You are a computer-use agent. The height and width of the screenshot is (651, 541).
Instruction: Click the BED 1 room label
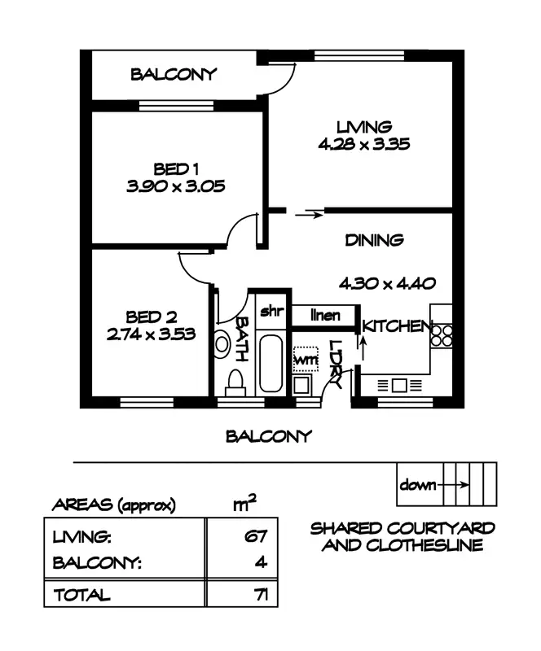(176, 169)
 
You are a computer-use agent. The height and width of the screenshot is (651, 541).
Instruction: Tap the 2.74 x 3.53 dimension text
(151, 334)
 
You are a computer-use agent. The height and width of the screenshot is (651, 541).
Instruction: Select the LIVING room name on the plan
(364, 127)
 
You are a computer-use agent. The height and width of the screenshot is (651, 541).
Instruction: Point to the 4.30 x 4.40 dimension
(388, 283)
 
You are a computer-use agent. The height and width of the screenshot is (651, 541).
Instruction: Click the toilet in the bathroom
(235, 382)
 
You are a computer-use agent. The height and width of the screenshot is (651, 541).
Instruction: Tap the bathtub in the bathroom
(270, 364)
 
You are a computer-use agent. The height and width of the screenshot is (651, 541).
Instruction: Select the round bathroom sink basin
(222, 344)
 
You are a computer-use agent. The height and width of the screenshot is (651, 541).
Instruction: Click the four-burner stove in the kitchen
(442, 335)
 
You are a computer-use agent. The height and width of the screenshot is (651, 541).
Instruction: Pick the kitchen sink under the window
(399, 385)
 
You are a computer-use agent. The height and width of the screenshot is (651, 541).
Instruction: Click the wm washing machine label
(306, 359)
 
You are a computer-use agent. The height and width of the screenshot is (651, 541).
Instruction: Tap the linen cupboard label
(325, 316)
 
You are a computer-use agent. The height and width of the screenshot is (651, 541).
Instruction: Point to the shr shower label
(272, 311)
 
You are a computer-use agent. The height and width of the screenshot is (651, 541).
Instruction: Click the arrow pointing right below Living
(309, 215)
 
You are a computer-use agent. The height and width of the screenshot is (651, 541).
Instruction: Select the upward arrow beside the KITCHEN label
(363, 348)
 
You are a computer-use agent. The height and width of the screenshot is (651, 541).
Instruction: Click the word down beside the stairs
(418, 484)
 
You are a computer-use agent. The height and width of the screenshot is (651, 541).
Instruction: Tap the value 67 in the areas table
(255, 537)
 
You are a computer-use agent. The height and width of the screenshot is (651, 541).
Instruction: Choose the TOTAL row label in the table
(82, 596)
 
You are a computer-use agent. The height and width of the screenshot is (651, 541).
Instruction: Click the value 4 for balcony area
(261, 562)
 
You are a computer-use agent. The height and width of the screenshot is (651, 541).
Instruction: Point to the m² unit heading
(244, 502)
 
